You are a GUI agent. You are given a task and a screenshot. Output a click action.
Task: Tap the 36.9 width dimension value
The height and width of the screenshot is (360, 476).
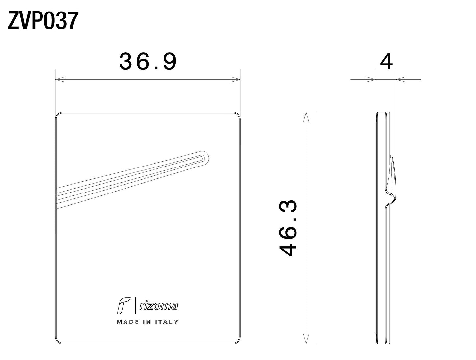pos(148,62)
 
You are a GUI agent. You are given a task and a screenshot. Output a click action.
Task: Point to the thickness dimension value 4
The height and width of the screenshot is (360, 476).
pos(386,62)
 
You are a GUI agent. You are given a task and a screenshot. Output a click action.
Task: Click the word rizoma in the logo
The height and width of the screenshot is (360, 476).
pos(158,306)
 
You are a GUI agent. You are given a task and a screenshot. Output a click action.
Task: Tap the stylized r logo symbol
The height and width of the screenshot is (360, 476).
pos(124,306)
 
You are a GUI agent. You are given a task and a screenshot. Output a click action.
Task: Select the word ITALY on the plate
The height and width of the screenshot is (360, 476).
pos(167,322)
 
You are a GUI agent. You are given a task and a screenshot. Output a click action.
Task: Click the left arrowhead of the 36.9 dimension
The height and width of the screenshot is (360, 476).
pos(60,79)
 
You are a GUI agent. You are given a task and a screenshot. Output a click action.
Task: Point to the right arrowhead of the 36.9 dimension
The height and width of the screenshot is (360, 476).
pos(236,79)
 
